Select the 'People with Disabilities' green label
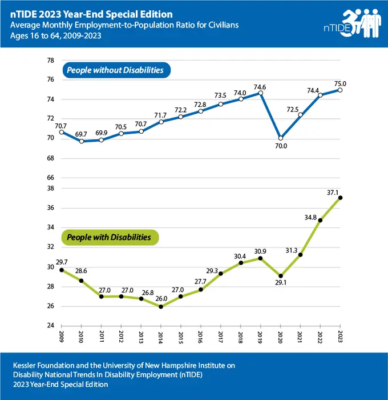pos(109,237)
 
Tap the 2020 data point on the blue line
pos(281,138)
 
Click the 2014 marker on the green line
pos(161,306)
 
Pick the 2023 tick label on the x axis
pos(341,337)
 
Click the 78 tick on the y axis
pos(50,61)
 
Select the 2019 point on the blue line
pos(261,93)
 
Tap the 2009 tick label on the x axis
pos(62,337)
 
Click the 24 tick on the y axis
pos(50,326)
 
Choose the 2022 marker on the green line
pos(321,220)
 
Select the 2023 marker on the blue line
pos(341,89)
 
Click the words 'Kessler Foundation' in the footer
pos(43,365)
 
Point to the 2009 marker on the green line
pos(62,270)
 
